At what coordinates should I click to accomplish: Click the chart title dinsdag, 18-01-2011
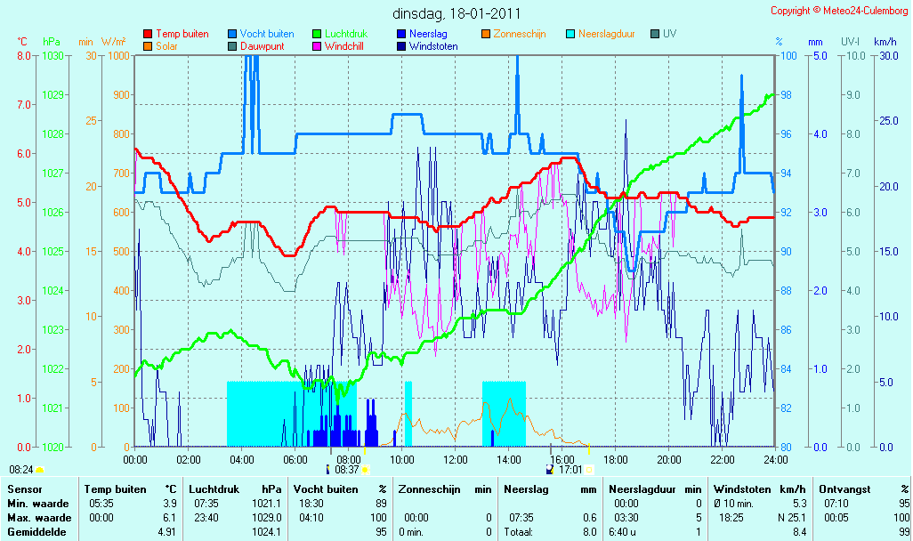[456, 13]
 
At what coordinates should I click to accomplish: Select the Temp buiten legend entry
[176, 34]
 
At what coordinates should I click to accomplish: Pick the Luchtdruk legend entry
[340, 34]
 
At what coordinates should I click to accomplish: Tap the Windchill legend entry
[338, 46]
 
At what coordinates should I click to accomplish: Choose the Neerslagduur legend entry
[601, 34]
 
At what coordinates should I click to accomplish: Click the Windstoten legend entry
[427, 46]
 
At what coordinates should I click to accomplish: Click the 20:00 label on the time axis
[669, 459]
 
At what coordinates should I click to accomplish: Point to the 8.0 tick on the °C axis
[24, 56]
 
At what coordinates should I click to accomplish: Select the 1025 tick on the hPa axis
[53, 252]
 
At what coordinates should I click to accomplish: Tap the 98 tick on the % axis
[786, 95]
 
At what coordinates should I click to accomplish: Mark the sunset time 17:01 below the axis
[570, 470]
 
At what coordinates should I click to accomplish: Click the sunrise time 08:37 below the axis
[347, 470]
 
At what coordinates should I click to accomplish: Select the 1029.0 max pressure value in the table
[267, 518]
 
